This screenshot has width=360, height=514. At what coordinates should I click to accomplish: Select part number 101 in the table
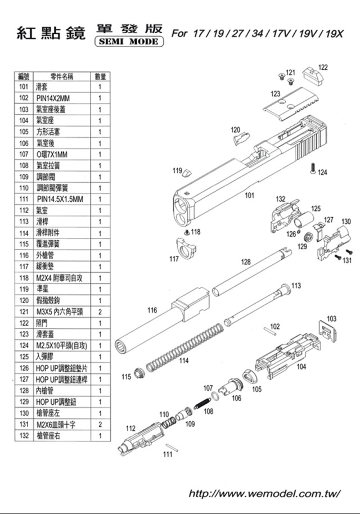[x=24, y=87]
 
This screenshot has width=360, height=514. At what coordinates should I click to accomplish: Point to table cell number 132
[x=24, y=435]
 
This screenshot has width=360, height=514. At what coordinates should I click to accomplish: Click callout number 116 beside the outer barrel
[x=152, y=310]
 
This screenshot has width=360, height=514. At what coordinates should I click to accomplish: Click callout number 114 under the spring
[x=183, y=361]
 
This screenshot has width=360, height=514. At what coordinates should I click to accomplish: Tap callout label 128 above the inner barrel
[x=246, y=262]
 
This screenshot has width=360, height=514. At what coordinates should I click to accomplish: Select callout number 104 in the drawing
[x=301, y=367]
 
